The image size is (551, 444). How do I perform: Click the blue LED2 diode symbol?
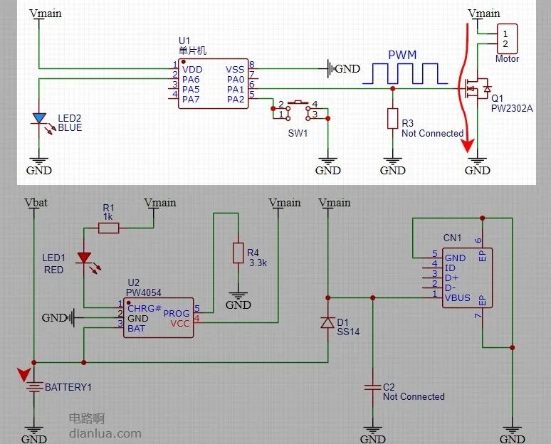point(39,118)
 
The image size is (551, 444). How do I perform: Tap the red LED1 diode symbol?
point(84,258)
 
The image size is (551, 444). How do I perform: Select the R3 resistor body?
point(392,118)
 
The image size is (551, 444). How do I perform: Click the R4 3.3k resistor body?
point(238,253)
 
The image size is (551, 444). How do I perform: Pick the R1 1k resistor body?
point(109,228)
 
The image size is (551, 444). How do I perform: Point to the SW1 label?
point(298,133)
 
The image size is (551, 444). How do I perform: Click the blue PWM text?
point(402,55)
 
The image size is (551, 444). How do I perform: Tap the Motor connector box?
point(507,39)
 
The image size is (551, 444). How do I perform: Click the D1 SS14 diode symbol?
point(328,322)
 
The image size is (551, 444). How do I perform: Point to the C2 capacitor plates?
point(373,388)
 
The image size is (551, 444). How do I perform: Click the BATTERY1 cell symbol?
point(33,387)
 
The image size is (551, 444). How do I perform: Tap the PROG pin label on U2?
point(177,313)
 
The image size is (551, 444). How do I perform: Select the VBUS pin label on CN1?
point(457,298)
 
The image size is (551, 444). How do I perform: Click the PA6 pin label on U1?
point(191,80)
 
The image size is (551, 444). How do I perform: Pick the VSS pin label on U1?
point(235,70)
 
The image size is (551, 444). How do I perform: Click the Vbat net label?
point(36,203)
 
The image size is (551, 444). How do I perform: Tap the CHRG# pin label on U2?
point(145,308)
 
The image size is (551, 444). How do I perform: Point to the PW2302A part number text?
point(512,108)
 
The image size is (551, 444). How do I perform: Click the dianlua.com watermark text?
point(105,433)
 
